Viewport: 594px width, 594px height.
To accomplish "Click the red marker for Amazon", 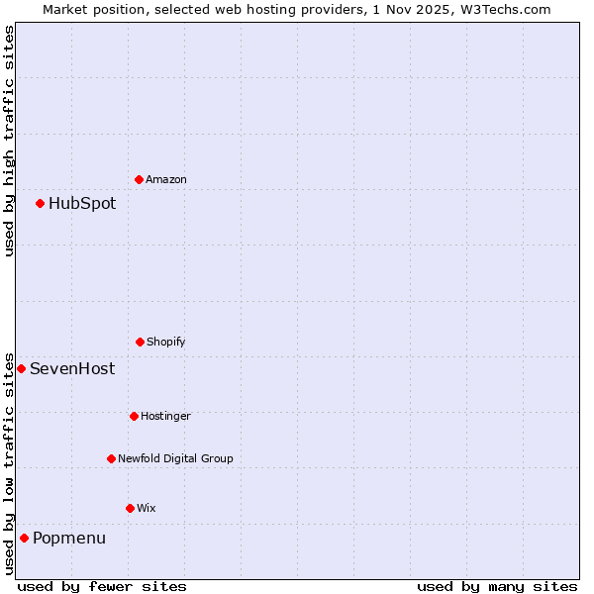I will coord(139,179).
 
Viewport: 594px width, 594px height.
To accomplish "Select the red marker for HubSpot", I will coord(40,203).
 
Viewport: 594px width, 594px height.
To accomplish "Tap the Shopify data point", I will coord(140,342).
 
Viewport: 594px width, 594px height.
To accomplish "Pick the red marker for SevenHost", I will coord(21,368).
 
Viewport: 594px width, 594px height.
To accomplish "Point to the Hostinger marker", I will coord(134,416).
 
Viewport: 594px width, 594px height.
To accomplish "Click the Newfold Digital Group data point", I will coord(111,458).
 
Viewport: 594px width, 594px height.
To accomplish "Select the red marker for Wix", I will coord(130,508).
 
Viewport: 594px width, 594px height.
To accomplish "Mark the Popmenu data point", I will coord(24,538).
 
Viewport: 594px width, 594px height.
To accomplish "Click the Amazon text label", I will coord(166,179).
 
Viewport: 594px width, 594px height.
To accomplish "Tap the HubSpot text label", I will coord(82,203).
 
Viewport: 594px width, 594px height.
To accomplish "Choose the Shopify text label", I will coord(166,342).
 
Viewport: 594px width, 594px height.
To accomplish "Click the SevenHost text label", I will coord(72,368).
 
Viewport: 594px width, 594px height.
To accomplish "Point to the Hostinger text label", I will coord(165,416).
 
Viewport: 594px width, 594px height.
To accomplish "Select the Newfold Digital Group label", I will coord(175,458).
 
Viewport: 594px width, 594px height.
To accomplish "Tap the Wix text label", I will coord(147,508).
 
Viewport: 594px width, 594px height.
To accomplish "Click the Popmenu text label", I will coord(69,538).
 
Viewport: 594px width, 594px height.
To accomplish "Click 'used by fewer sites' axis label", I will coord(102,586).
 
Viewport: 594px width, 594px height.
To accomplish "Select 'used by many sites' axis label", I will coord(497,586).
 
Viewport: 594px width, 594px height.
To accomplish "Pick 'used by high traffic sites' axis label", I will coord(9,141).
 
